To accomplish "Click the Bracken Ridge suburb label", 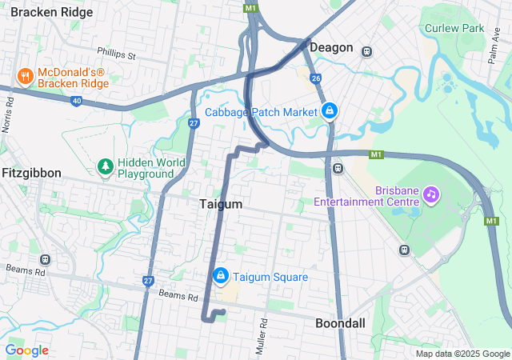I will (52, 12).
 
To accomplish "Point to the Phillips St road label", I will (118, 55).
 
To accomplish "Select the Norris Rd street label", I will (10, 115).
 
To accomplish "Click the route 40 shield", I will (76, 101).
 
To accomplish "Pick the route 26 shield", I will (316, 78).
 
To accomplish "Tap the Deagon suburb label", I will (331, 47).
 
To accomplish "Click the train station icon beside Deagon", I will (366, 51).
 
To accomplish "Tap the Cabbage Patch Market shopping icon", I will (329, 111).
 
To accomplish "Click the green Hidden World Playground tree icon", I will (105, 166).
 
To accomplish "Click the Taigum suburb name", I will (220, 205).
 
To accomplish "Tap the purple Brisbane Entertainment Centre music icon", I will (431, 194).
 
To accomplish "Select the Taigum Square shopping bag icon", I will (221, 277).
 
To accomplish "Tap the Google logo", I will (27, 350).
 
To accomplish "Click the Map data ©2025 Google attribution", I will (462, 354).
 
